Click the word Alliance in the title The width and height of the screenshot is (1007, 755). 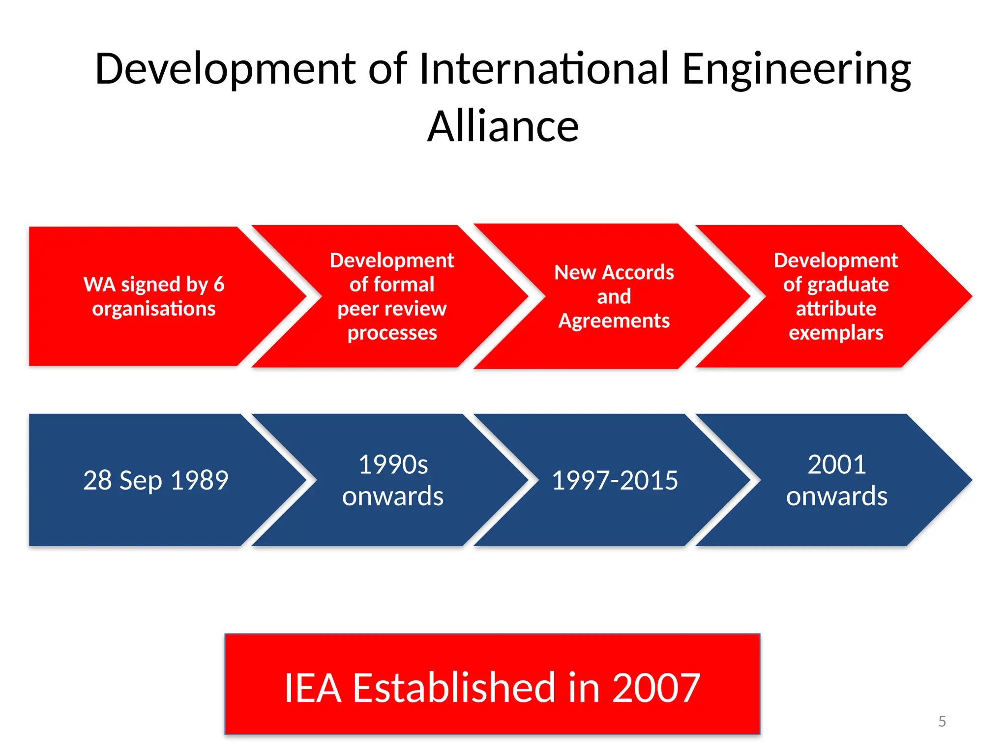tap(503, 127)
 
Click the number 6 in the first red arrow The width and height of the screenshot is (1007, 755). tap(219, 285)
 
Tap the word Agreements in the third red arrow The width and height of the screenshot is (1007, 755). tap(614, 321)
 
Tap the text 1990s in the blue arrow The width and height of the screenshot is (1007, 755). tap(393, 465)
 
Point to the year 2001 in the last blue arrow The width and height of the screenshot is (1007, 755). tap(837, 465)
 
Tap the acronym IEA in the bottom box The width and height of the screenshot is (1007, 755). tap(313, 688)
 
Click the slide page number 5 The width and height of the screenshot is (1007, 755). tap(942, 721)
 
